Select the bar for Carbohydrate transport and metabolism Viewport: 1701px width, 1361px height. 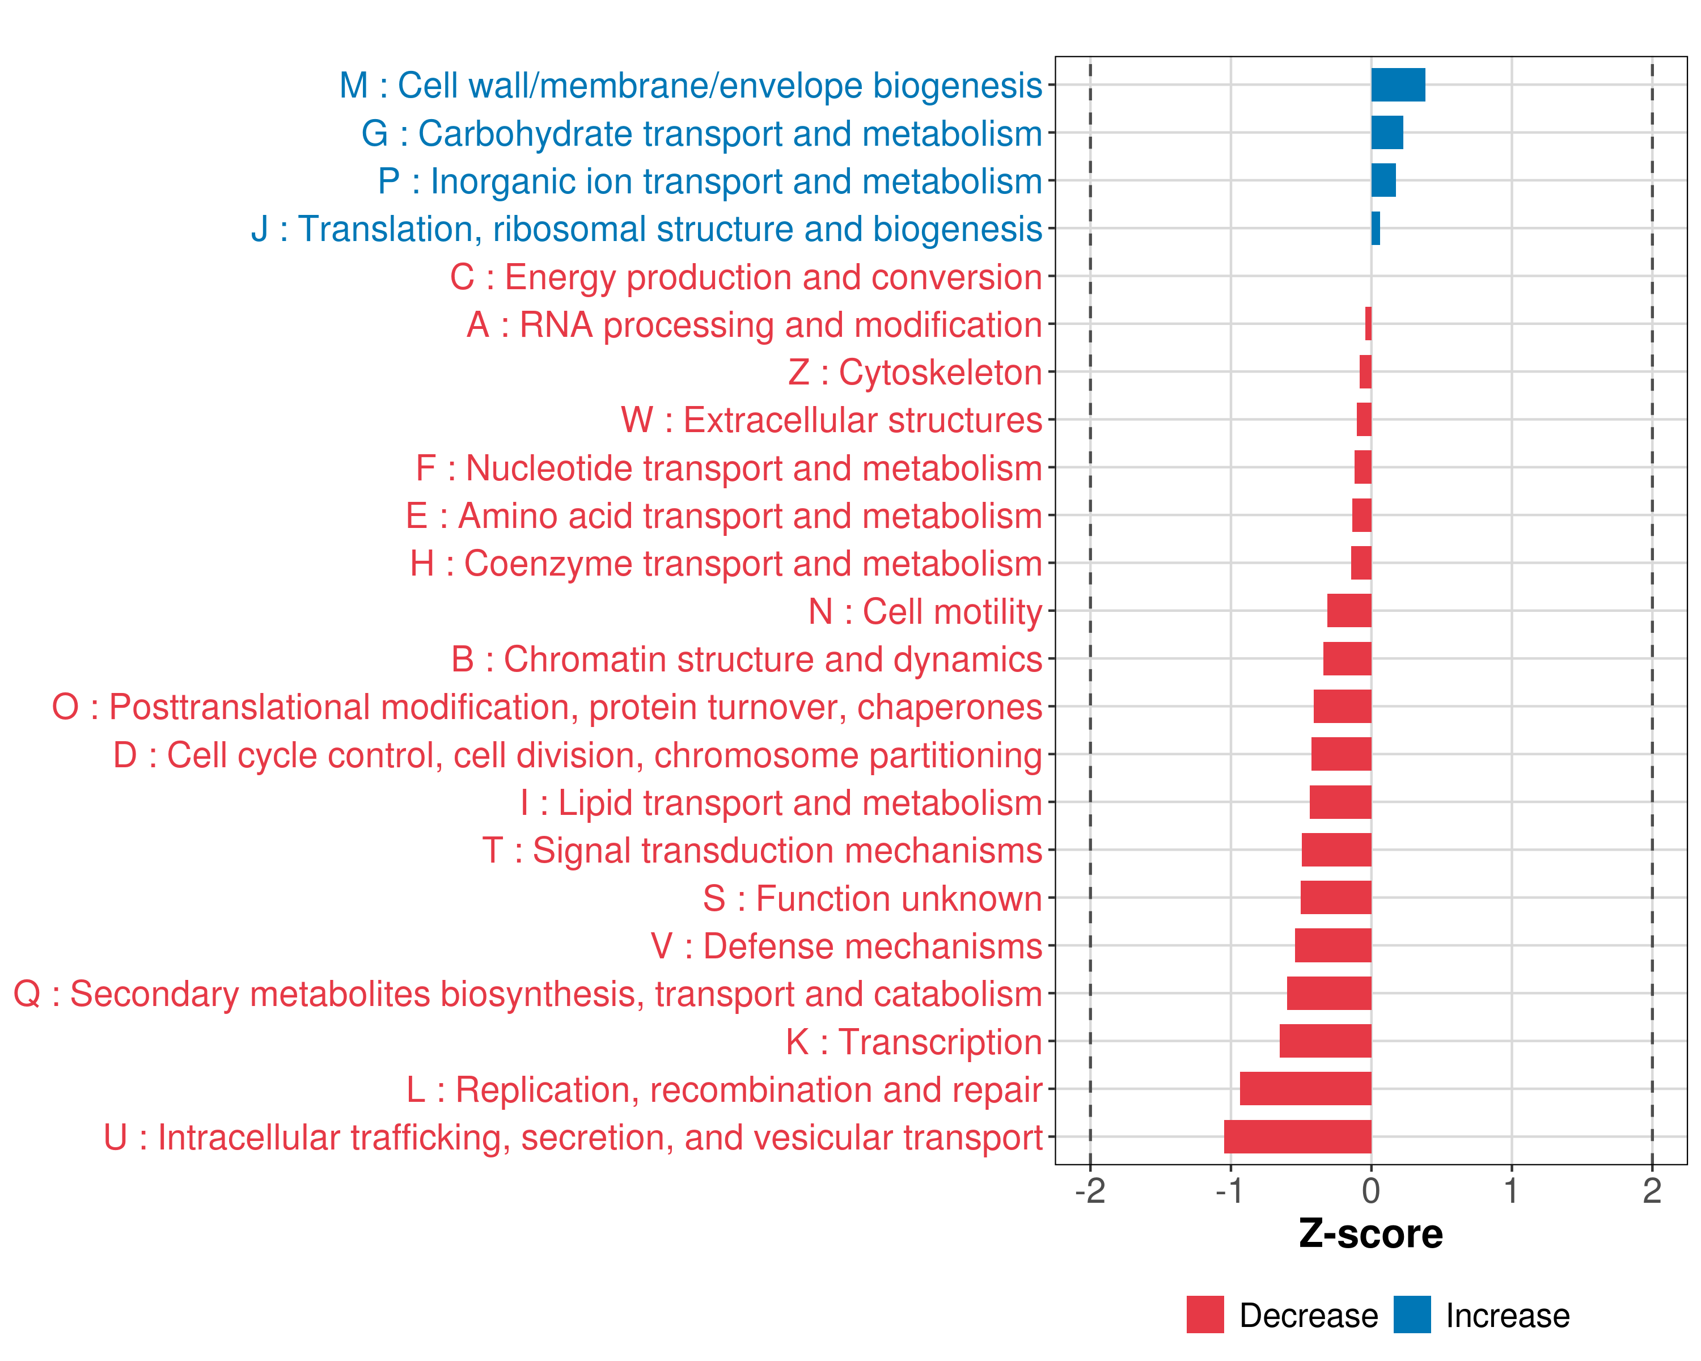[1386, 133]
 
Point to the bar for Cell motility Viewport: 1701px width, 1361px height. [1348, 611]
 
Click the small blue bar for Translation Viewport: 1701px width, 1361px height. [1375, 228]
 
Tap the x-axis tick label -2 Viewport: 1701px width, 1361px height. [1090, 1190]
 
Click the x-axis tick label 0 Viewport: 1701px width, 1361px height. [1370, 1190]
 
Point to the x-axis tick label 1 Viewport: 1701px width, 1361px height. [1511, 1190]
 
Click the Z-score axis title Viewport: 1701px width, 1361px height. [1370, 1234]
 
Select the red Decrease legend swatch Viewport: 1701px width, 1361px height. [1205, 1314]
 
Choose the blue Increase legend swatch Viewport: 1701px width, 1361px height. [1411, 1314]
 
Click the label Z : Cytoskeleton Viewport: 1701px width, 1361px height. [915, 373]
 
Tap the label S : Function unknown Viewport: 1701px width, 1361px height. [872, 899]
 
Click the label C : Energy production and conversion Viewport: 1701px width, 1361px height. [746, 277]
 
